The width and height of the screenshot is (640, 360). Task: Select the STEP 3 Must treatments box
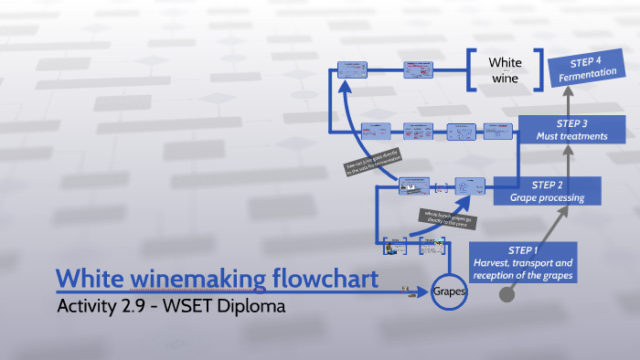tap(571, 130)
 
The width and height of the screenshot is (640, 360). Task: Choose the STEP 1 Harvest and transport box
tap(524, 262)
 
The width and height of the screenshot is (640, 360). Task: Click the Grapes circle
tap(450, 293)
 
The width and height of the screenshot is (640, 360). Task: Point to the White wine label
tap(504, 70)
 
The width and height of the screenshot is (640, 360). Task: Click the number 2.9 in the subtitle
tap(138, 305)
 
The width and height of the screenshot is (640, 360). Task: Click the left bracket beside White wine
tap(470, 70)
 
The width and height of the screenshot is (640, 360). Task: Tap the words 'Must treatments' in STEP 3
tap(571, 137)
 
